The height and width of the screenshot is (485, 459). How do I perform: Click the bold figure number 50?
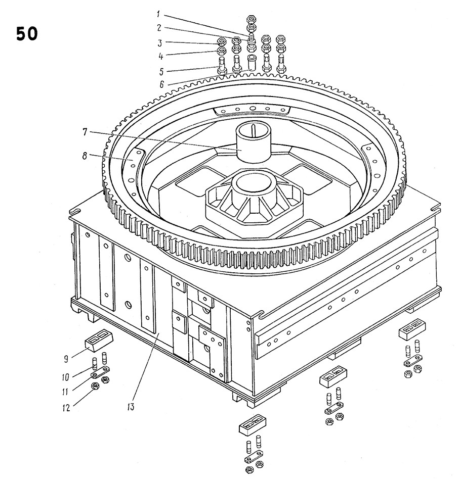tap(26, 34)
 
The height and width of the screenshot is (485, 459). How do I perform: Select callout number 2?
tap(159, 28)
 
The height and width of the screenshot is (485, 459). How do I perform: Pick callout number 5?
tap(160, 70)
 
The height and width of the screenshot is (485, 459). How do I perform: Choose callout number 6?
tap(161, 85)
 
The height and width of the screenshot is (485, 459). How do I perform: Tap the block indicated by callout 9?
tap(98, 340)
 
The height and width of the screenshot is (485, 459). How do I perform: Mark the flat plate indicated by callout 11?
tap(100, 374)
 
